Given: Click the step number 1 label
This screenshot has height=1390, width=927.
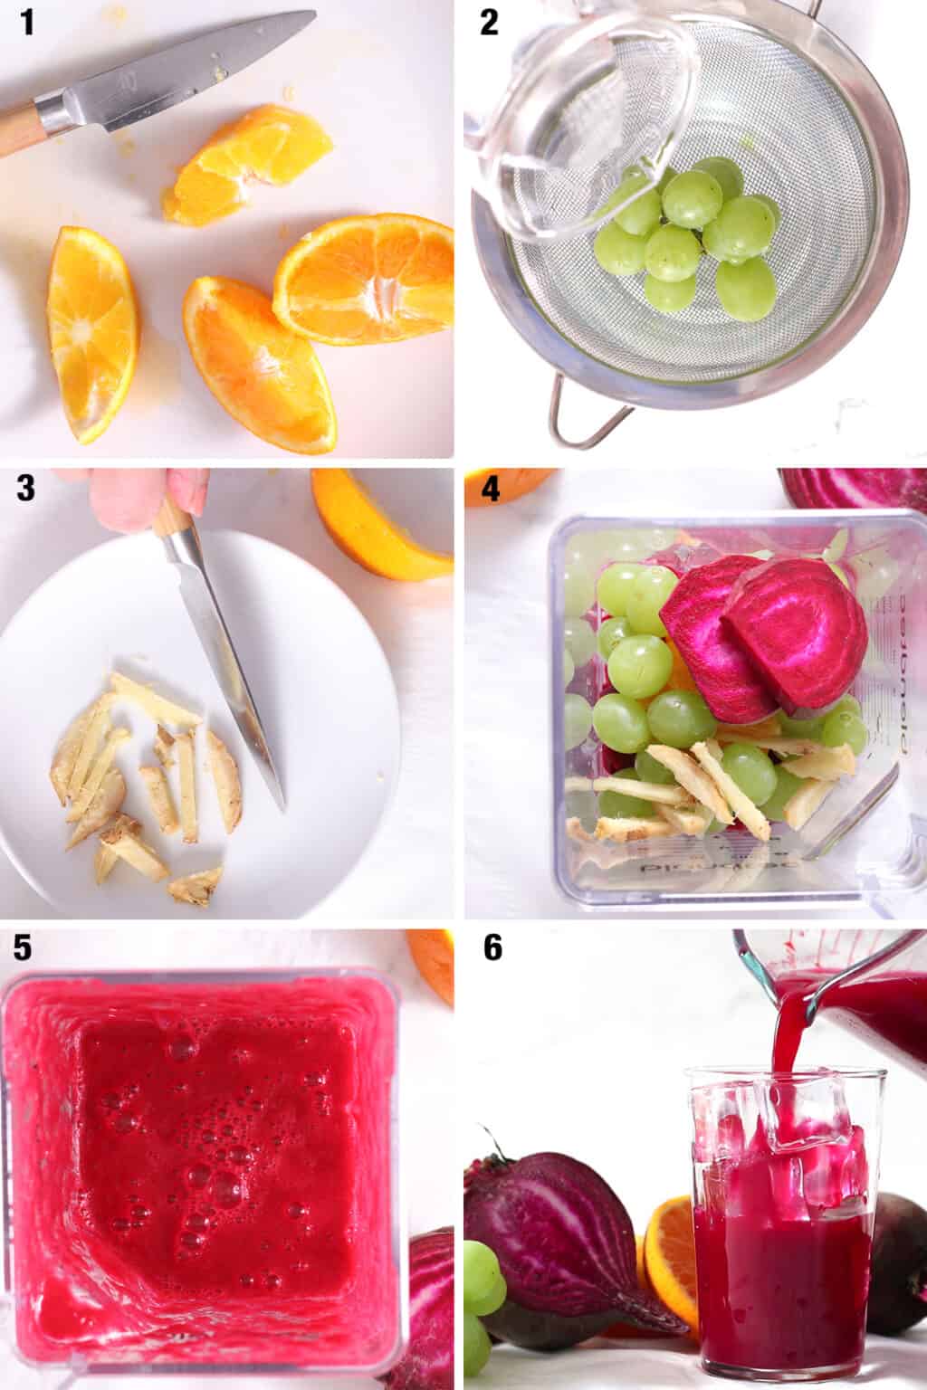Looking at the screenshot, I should coord(28,22).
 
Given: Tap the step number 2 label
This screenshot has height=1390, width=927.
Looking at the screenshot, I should coord(490,22).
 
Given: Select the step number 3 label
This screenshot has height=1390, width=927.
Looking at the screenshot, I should coord(27,489).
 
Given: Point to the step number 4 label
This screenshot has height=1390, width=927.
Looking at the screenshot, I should coord(490,489).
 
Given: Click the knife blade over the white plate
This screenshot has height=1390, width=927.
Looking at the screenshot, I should coord(226,652).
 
